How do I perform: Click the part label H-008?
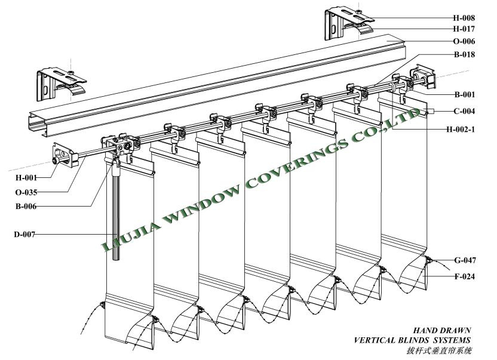[464, 18]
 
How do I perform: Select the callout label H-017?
[464, 29]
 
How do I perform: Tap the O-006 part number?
[464, 41]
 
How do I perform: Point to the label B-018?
[464, 54]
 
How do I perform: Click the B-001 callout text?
[465, 94]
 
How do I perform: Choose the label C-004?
[464, 111]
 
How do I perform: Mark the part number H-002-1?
[461, 130]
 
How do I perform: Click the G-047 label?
[465, 260]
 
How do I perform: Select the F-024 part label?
[465, 276]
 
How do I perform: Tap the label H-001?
[26, 178]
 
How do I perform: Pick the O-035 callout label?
[26, 192]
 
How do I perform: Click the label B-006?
[26, 207]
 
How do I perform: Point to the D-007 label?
[24, 235]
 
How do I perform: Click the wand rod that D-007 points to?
[116, 216]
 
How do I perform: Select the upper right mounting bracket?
[349, 24]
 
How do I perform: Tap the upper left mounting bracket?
[61, 84]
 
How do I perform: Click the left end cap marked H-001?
[65, 155]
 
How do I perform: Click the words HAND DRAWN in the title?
[441, 331]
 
